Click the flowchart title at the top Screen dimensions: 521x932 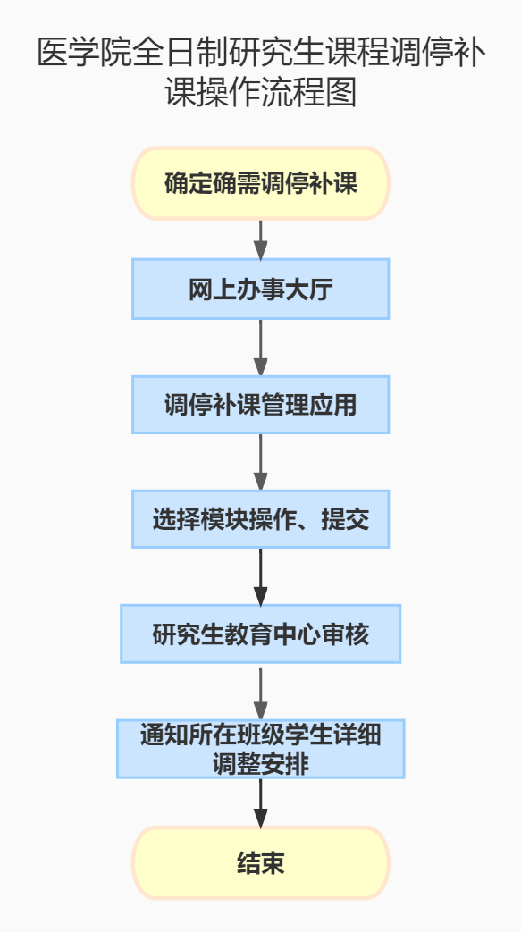pyautogui.click(x=261, y=72)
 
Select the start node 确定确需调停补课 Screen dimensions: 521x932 pyautogui.click(x=261, y=184)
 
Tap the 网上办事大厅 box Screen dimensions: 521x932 pyautogui.click(x=261, y=289)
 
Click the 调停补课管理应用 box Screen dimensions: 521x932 pyautogui.click(x=261, y=405)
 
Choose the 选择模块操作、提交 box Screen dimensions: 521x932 pyautogui.click(x=261, y=519)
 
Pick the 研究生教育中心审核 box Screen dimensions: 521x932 pyautogui.click(x=261, y=634)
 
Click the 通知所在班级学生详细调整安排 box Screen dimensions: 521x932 pyautogui.click(x=261, y=749)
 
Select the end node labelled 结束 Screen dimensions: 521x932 pyautogui.click(x=261, y=862)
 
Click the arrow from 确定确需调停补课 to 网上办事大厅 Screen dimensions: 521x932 pyautogui.click(x=261, y=239)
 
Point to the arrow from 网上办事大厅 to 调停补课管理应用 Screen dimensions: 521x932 pyautogui.click(x=261, y=348)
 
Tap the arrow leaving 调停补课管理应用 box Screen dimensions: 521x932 pyautogui.click(x=261, y=462)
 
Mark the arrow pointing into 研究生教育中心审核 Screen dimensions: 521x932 pyautogui.click(x=261, y=576)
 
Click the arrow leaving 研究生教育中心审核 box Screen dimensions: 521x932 pyautogui.click(x=261, y=692)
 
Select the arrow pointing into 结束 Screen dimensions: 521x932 pyautogui.click(x=261, y=802)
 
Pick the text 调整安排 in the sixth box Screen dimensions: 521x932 pyautogui.click(x=261, y=764)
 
